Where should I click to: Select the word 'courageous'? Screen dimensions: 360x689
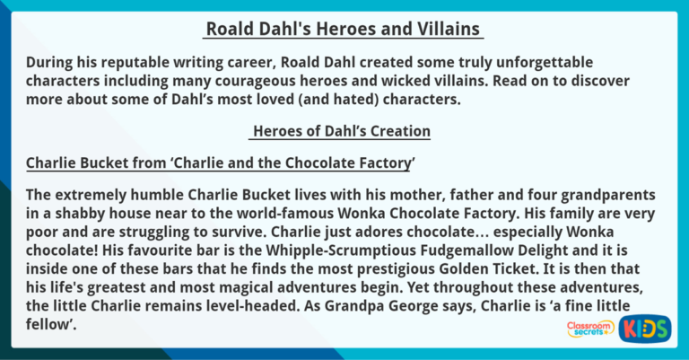point(280,82)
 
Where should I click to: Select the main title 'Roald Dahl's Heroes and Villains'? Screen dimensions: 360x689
point(344,30)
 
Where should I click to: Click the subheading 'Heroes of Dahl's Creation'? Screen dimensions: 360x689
point(342,132)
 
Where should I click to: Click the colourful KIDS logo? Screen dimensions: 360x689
point(645,328)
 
